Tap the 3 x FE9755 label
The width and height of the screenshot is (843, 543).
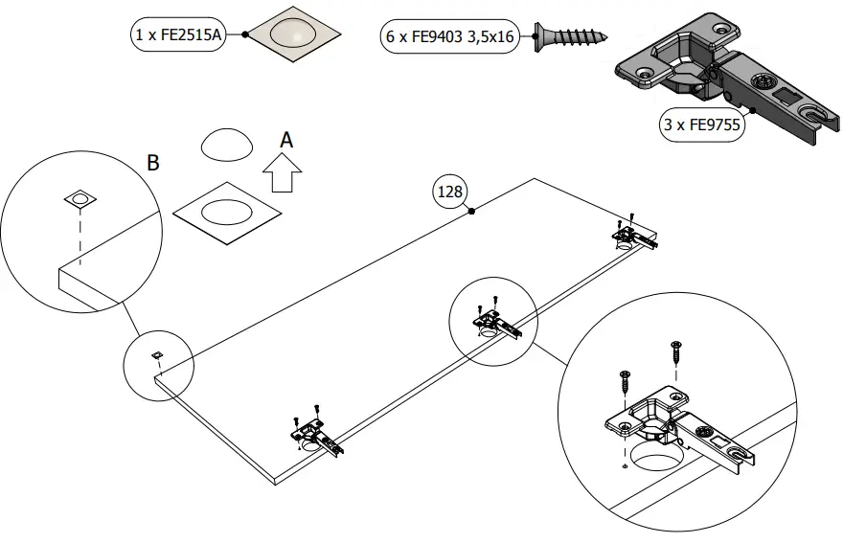tap(702, 124)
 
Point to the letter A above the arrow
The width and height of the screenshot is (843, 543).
tap(285, 140)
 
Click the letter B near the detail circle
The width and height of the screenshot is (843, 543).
tap(152, 163)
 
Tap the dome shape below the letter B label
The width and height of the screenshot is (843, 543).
tap(227, 145)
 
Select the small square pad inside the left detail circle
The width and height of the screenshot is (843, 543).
tap(80, 199)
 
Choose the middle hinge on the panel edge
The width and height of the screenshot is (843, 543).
tap(495, 323)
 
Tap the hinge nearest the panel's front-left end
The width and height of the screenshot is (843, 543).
tap(316, 438)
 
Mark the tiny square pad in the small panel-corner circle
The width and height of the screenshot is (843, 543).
tap(156, 355)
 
